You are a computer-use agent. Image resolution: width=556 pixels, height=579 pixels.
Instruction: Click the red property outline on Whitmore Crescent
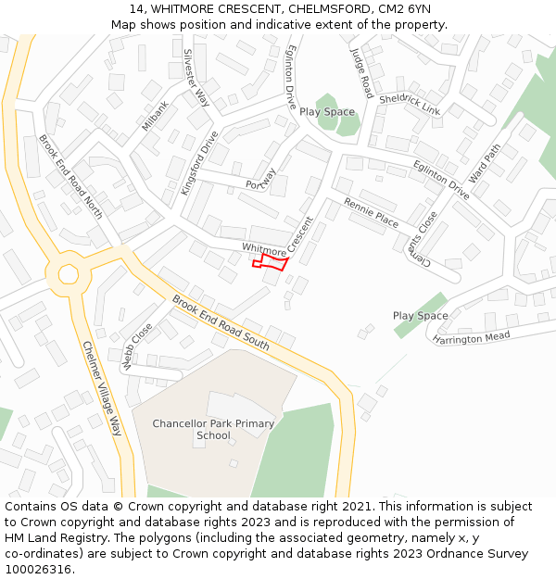tap(270, 262)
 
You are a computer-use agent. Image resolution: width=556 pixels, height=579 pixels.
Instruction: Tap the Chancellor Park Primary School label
tap(213, 430)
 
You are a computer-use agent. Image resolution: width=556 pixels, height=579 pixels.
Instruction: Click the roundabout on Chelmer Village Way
tap(69, 273)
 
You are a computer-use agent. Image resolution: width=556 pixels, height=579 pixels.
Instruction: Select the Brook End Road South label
tap(221, 322)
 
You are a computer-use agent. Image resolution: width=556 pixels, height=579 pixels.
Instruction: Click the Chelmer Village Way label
tap(102, 388)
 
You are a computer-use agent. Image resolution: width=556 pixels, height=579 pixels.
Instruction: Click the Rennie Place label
tap(371, 214)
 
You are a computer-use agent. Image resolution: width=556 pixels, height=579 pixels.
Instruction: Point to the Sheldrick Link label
tap(410, 104)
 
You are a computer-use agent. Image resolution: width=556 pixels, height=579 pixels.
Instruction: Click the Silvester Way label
tap(196, 78)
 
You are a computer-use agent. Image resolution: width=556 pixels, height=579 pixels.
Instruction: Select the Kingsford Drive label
tap(199, 162)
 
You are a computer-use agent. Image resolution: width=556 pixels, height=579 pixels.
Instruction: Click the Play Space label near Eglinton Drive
tap(326, 112)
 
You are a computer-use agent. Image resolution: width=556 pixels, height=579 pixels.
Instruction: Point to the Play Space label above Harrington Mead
tap(420, 316)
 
